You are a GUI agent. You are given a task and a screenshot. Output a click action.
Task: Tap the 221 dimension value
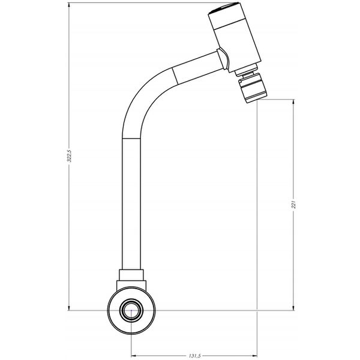coord(293,204)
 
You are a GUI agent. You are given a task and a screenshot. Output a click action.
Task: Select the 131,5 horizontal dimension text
coord(194,355)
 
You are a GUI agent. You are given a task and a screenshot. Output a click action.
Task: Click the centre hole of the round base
coord(131,310)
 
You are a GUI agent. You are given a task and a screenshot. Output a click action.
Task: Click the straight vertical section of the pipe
coord(133,204)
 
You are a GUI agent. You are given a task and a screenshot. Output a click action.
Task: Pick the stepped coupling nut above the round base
coord(131,279)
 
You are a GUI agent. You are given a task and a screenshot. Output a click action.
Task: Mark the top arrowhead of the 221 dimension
coord(293,103)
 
